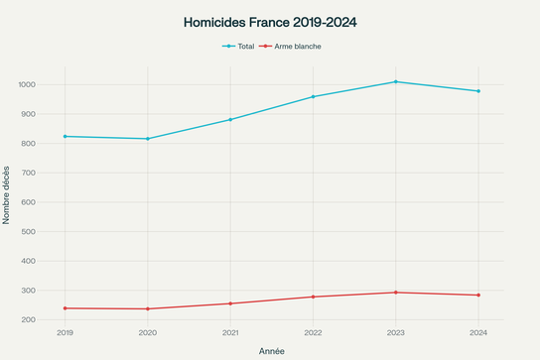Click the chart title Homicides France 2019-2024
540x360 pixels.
click(x=270, y=21)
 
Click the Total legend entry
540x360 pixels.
click(x=238, y=46)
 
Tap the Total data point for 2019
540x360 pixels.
click(x=66, y=136)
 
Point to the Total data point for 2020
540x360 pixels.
click(x=148, y=139)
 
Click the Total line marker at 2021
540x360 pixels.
click(x=230, y=120)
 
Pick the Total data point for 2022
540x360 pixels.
click(x=313, y=96)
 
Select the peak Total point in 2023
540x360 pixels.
click(x=396, y=81)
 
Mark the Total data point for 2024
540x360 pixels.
click(x=478, y=91)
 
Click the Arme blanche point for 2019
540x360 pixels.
click(x=66, y=308)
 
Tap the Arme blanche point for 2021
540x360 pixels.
click(x=230, y=303)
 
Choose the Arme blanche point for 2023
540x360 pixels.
click(x=396, y=293)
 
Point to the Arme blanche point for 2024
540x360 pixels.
click(x=478, y=296)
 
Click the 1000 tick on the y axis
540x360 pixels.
click(x=27, y=84)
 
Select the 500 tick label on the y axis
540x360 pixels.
click(x=29, y=232)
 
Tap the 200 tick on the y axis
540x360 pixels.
click(x=29, y=320)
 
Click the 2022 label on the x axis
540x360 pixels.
click(x=313, y=333)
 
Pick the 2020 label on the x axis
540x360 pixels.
click(x=148, y=333)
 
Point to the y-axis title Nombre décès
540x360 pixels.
click(x=7, y=194)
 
